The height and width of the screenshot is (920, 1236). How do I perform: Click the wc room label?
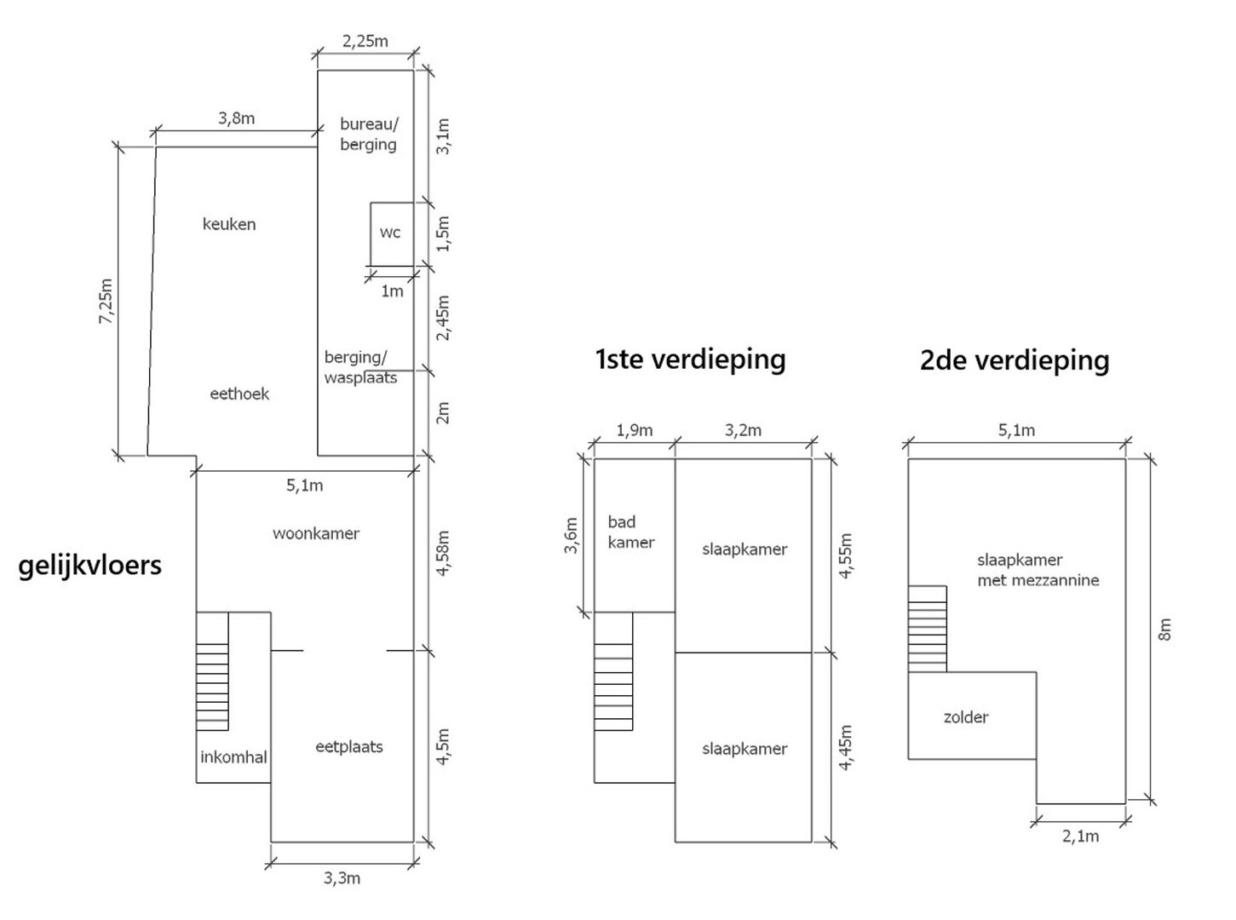click(x=389, y=233)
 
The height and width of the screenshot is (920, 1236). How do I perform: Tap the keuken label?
click(x=229, y=224)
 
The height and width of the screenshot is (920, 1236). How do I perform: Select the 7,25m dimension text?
click(x=106, y=302)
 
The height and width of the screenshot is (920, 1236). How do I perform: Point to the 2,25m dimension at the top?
click(x=365, y=41)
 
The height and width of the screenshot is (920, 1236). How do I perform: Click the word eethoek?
click(x=239, y=394)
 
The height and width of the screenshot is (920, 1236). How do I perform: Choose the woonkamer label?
click(x=316, y=533)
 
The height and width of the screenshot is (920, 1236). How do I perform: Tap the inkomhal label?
click(x=233, y=756)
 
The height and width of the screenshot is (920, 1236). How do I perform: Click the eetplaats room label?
click(x=349, y=747)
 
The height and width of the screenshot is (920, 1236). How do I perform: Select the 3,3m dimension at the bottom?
click(x=342, y=879)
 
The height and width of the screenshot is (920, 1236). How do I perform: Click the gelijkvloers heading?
click(x=89, y=566)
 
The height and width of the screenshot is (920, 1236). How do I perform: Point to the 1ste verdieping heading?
click(x=691, y=359)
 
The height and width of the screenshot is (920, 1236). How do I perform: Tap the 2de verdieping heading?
click(x=1015, y=360)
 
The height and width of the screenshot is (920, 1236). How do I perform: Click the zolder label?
click(x=966, y=716)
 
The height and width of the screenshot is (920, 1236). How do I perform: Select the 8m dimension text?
click(x=1164, y=630)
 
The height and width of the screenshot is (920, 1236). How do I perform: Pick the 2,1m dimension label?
click(x=1080, y=837)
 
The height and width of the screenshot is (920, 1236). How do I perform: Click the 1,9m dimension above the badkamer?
click(x=634, y=431)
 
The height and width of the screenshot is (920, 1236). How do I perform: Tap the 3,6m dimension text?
click(x=571, y=536)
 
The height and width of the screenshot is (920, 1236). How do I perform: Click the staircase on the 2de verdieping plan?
click(x=928, y=630)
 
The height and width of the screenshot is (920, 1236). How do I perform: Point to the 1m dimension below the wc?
click(x=392, y=290)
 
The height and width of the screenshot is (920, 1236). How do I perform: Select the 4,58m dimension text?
click(x=443, y=554)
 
